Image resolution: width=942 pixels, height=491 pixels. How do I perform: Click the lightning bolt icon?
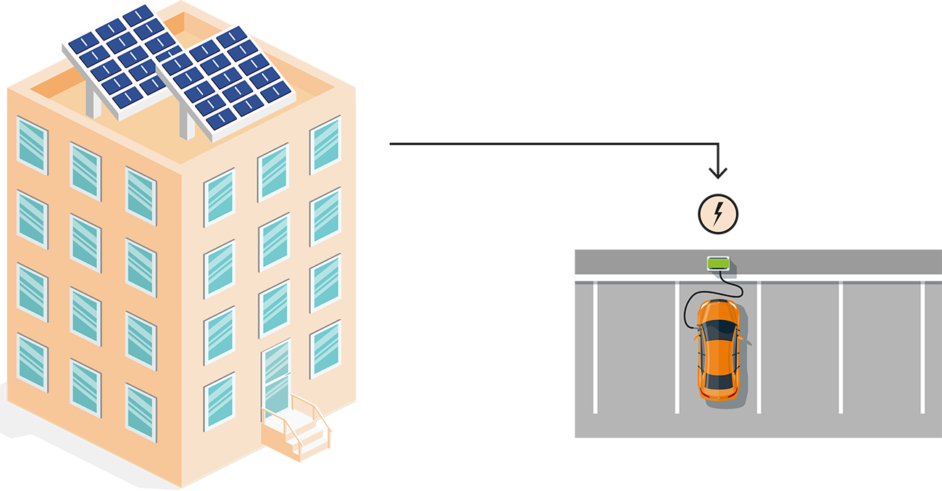click(x=718, y=213)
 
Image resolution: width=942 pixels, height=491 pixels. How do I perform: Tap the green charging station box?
click(x=717, y=263)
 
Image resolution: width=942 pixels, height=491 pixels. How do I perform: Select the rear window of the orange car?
click(x=718, y=381)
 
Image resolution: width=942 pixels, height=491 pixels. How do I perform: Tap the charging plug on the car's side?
click(x=696, y=327)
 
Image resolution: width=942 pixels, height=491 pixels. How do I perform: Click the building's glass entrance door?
click(x=275, y=377)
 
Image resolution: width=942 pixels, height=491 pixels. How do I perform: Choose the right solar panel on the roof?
click(x=225, y=80)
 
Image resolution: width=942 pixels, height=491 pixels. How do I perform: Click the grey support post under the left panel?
click(x=93, y=102)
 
